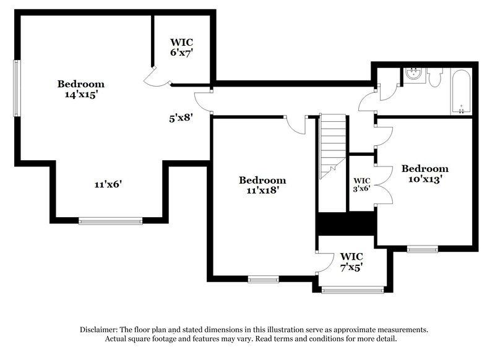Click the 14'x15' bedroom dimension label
[81, 90]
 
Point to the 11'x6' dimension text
[109, 184]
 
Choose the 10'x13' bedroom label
[424, 174]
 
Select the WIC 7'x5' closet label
[351, 262]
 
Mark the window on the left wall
[17, 87]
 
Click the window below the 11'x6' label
[110, 220]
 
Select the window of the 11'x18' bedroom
[263, 279]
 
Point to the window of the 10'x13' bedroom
[422, 249]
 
